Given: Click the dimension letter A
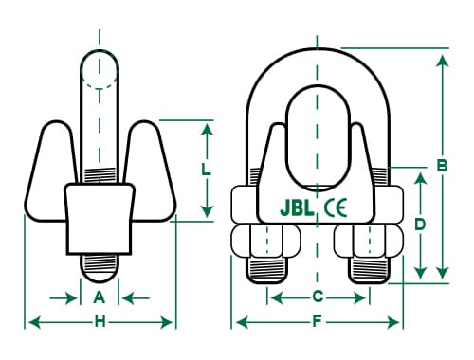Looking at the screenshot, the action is click(x=100, y=297).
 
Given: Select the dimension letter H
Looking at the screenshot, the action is click(x=100, y=322).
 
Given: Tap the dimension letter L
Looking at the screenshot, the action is click(x=206, y=170).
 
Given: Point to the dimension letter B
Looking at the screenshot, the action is click(x=442, y=165).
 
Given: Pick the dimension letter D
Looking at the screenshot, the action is click(x=420, y=225).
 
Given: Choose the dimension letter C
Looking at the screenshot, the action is click(x=318, y=297).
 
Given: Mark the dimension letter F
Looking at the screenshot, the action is click(x=317, y=322).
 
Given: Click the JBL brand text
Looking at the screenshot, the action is click(x=297, y=208).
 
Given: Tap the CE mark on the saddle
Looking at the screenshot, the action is click(x=336, y=207).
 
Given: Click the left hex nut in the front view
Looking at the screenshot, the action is click(x=266, y=241).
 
